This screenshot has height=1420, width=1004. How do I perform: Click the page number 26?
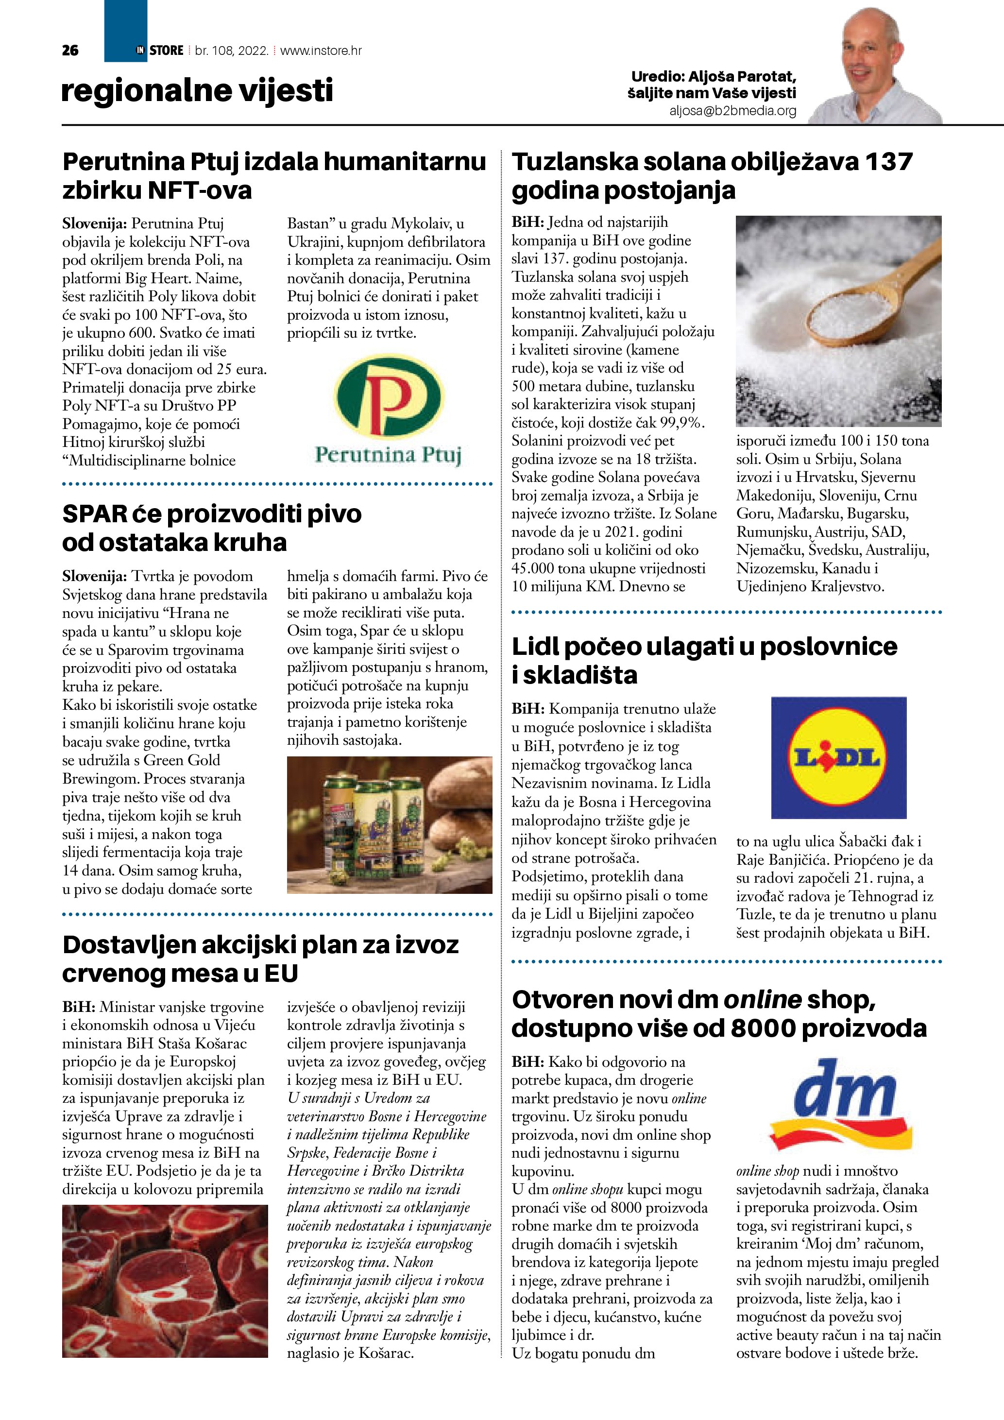tap(70, 51)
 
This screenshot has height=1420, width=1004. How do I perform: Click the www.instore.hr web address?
tap(321, 51)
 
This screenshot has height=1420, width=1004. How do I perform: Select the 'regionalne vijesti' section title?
tap(197, 91)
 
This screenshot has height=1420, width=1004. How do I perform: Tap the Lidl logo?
tap(838, 758)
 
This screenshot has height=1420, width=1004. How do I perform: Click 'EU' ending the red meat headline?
tap(281, 974)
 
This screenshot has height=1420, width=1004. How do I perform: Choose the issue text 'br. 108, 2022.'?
tap(231, 51)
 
